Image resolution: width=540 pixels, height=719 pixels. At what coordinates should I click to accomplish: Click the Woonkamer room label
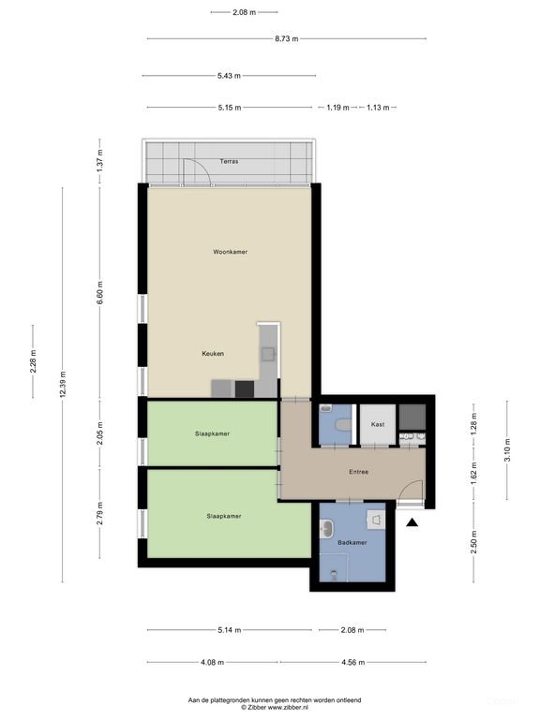[x=230, y=252]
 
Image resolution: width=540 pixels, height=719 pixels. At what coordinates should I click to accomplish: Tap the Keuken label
[x=213, y=354]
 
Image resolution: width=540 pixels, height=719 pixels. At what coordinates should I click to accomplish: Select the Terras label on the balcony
[x=229, y=161]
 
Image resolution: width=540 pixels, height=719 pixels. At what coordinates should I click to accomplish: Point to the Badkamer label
[x=352, y=542]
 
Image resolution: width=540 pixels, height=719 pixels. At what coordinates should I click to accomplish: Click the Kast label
[x=378, y=424]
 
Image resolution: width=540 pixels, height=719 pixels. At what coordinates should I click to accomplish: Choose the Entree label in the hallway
[x=359, y=472]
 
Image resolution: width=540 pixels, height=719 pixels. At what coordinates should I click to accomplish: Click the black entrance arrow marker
[x=412, y=522]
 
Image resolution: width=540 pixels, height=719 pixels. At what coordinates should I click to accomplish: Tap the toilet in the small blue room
[x=343, y=425]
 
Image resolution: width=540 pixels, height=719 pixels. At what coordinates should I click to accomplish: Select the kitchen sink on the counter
[x=268, y=354]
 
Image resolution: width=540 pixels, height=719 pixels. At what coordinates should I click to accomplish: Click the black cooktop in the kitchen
[x=245, y=389]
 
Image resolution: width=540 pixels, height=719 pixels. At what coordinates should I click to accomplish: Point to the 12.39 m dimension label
[x=63, y=384]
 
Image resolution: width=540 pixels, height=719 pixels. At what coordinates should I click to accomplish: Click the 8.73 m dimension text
[x=287, y=39]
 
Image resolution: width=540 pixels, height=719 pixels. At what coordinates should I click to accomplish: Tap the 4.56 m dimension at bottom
[x=352, y=662]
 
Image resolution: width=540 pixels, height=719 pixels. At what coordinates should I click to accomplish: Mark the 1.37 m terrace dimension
[x=100, y=161]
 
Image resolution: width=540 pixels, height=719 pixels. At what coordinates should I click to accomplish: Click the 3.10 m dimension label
[x=507, y=450]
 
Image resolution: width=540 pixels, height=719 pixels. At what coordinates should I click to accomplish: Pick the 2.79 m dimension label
[x=100, y=514]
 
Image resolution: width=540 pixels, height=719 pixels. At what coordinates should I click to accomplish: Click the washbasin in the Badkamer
[x=327, y=528]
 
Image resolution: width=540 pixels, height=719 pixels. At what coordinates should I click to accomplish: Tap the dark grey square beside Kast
[x=412, y=417]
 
